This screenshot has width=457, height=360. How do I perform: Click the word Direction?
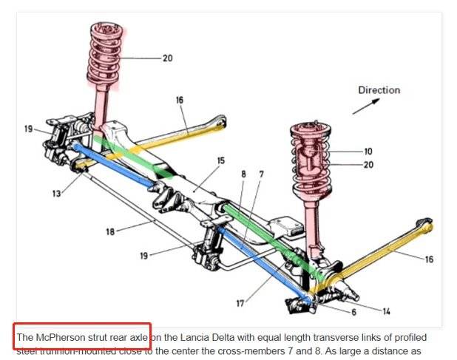point(379,90)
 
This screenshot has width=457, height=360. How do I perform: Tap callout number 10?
point(368,152)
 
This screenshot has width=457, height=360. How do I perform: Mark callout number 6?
point(353,313)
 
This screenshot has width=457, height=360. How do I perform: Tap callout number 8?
point(243,174)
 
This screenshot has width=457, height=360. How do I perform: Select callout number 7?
point(261,174)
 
